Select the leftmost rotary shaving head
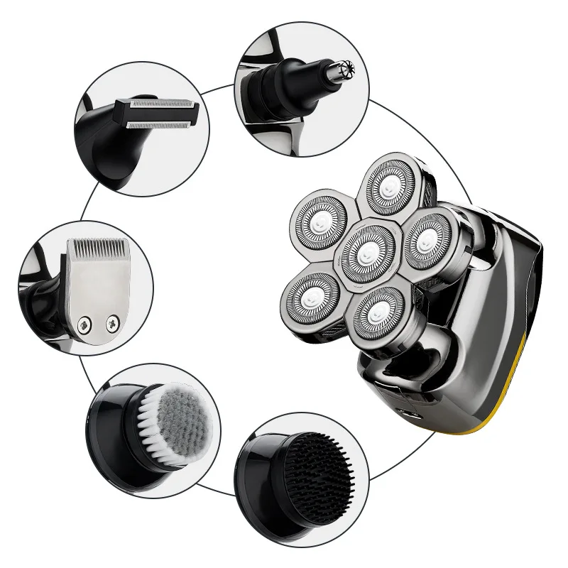pos(319,221)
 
